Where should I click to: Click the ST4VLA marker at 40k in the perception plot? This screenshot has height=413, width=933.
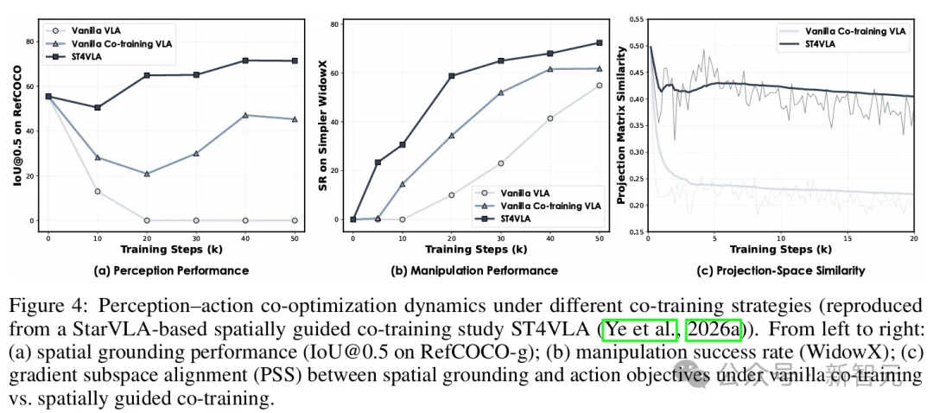[245, 60]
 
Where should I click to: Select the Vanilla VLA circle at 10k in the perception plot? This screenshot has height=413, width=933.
[98, 191]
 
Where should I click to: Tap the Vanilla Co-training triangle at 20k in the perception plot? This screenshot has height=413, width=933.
[147, 174]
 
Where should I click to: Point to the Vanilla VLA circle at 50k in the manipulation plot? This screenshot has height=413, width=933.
[600, 85]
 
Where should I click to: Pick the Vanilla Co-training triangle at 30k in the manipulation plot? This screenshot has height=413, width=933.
[502, 92]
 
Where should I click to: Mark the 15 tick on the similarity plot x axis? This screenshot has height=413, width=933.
[848, 238]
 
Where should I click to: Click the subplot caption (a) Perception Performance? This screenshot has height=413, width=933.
[171, 270]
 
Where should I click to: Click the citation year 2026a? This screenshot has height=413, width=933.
[713, 329]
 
